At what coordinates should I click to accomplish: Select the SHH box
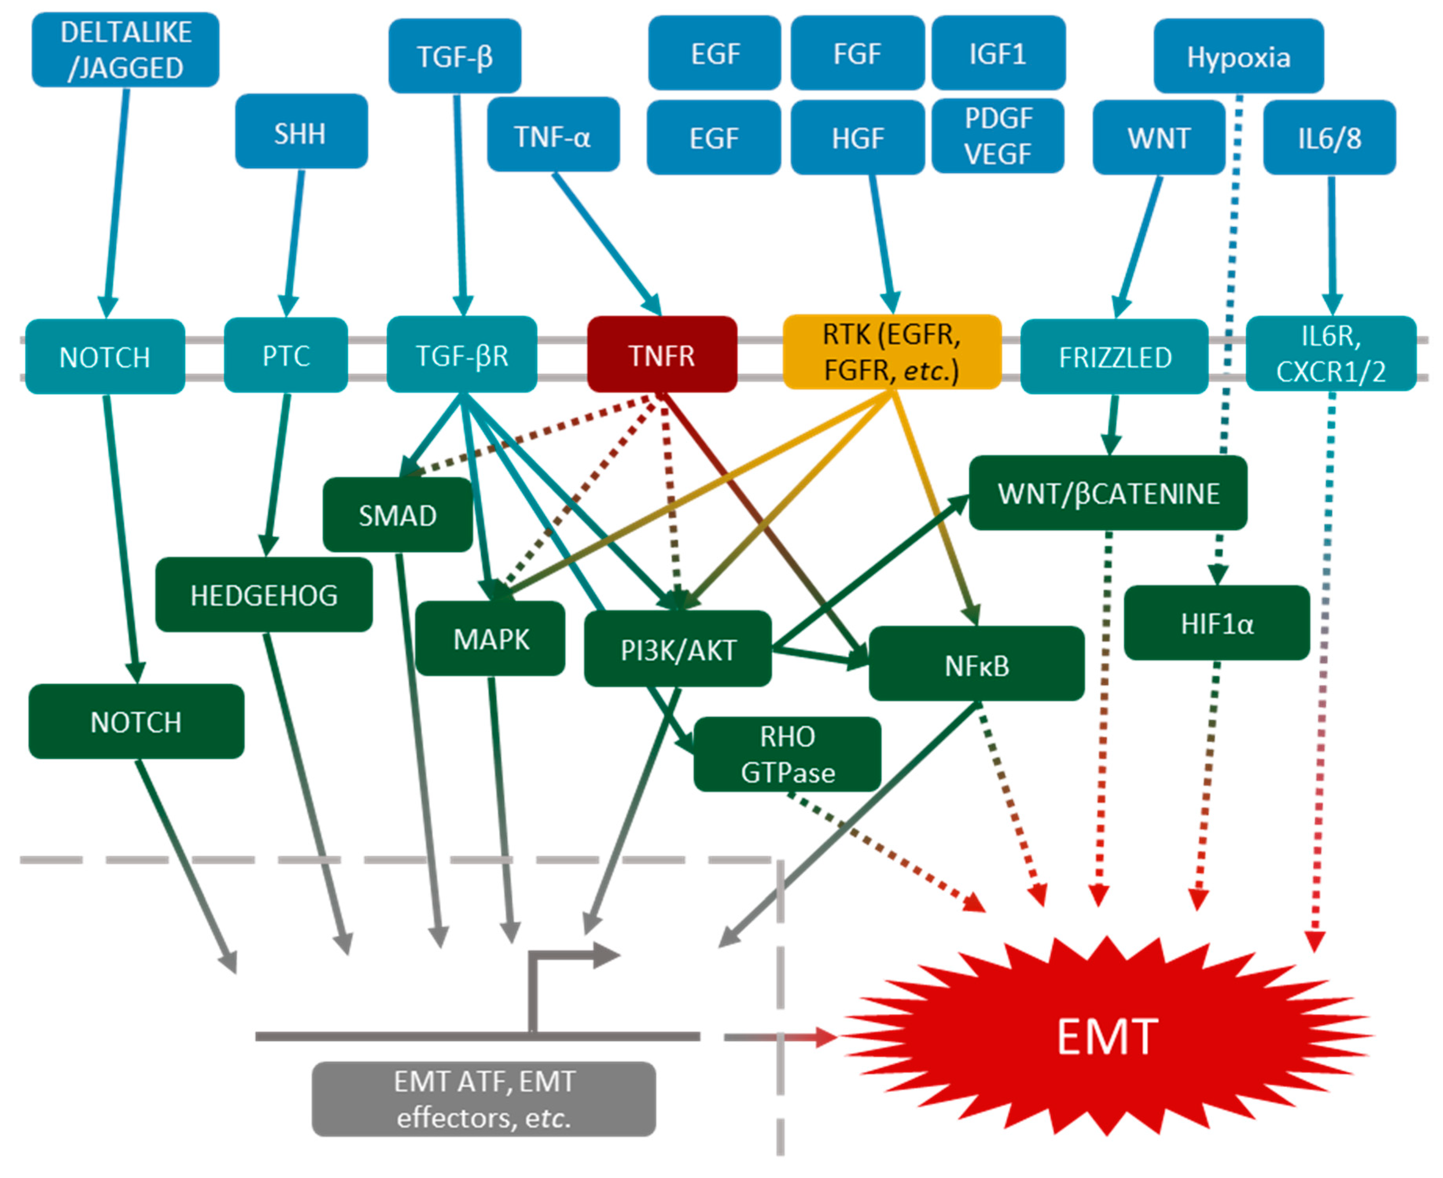[301, 132]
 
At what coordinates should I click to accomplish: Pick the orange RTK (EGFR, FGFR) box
[892, 352]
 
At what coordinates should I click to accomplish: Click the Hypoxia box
[1238, 56]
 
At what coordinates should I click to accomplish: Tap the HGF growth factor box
[858, 138]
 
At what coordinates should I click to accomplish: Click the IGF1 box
[998, 53]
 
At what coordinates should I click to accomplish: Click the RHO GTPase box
[787, 754]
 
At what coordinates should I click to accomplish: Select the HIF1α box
[1217, 623]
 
